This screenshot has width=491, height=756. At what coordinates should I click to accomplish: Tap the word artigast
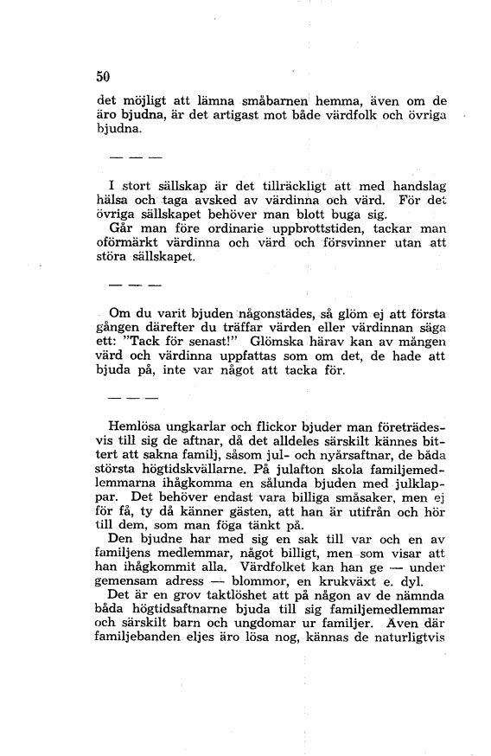click(x=256, y=114)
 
